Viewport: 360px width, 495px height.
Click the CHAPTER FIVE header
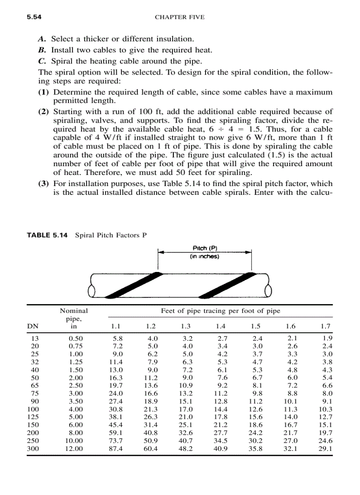tap(180, 17)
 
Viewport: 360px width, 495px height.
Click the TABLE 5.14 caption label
tap(47, 235)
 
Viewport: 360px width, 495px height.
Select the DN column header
tap(32, 327)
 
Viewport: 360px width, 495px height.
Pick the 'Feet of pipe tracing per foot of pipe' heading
tap(221, 311)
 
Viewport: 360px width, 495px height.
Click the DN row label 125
tap(33, 417)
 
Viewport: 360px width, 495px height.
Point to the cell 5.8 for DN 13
tap(117, 338)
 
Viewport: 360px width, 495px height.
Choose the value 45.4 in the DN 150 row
tap(116, 424)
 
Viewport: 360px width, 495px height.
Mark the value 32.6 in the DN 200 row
tap(186, 432)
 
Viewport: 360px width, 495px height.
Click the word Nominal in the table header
tap(74, 311)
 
